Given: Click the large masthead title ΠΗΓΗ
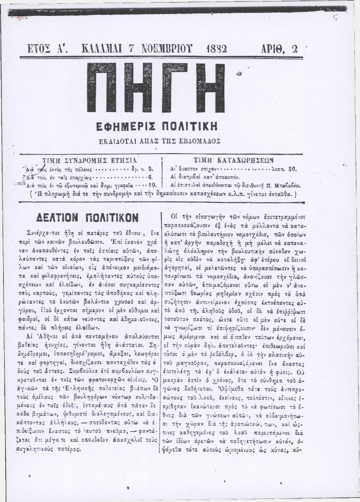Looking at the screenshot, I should pos(156,88).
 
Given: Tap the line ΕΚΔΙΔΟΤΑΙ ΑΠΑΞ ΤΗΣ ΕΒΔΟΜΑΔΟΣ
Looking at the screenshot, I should pos(157,140).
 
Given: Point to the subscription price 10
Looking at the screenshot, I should pos(152,184).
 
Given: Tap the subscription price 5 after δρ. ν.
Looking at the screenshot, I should pos(151,168).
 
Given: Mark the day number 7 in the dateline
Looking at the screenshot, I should pos(133,49).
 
